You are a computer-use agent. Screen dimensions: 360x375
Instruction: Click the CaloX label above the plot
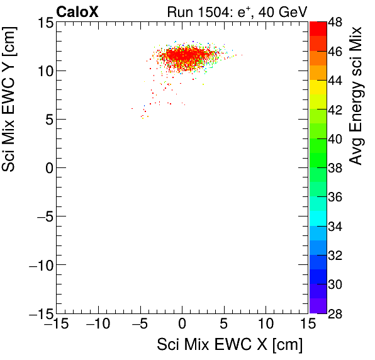[77, 11]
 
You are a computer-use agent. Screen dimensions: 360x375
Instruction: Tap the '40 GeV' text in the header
[280, 11]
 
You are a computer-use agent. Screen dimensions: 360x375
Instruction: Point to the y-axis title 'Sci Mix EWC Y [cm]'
[11, 111]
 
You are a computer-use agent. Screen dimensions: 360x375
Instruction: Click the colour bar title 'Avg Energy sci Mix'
[356, 94]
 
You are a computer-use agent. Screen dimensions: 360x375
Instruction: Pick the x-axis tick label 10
[266, 325]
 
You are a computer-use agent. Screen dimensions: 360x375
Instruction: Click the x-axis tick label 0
[182, 325]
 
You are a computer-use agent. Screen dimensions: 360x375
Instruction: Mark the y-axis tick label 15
[43, 23]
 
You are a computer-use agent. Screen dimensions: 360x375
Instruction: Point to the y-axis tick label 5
[47, 119]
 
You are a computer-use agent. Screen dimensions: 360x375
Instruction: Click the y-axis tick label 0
[47, 167]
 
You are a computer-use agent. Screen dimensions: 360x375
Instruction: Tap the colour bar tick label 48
[335, 23]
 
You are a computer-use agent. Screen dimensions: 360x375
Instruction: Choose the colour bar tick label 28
[335, 313]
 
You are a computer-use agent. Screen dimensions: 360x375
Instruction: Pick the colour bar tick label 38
[335, 168]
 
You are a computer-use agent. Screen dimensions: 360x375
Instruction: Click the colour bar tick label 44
[335, 81]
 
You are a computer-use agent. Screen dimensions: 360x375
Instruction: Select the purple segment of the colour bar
[317, 305]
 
